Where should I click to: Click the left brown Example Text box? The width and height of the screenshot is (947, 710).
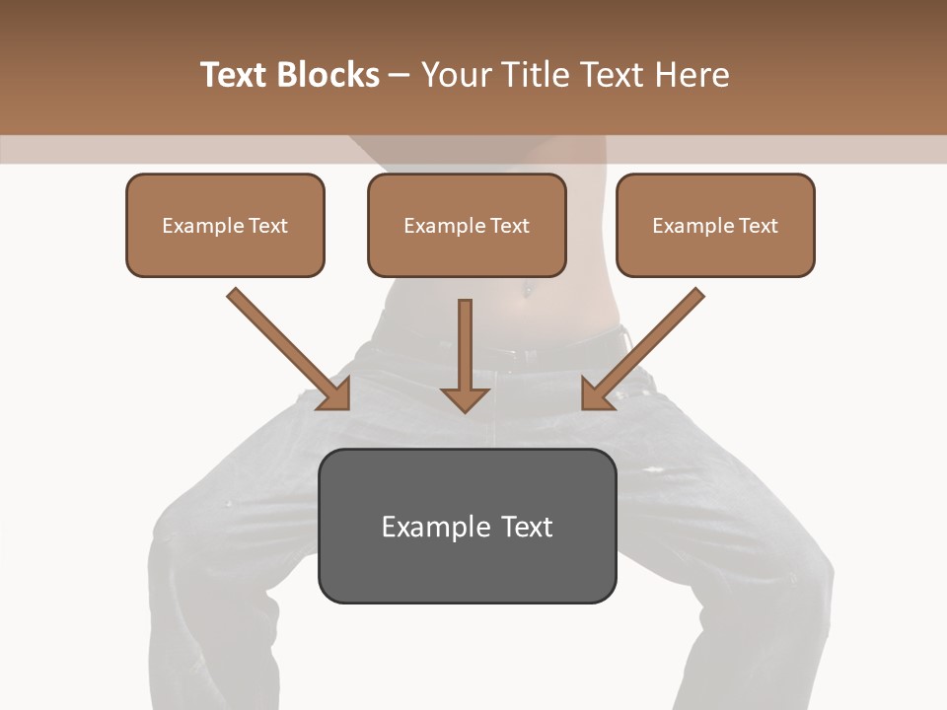point(225,226)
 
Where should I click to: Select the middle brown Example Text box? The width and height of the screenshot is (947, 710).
point(467,226)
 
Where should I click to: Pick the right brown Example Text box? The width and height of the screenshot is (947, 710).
point(715,226)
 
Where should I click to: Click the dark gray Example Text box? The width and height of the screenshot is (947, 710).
point(467,527)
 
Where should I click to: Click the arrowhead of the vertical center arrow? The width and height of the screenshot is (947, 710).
point(466,397)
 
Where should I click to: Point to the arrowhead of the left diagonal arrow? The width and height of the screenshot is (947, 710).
point(335,394)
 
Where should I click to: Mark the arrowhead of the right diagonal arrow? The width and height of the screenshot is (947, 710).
point(596,394)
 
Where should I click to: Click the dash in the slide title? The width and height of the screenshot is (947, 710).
point(401,76)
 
